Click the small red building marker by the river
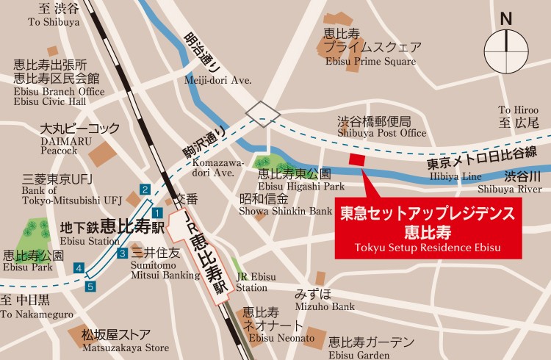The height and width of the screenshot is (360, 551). click(x=357, y=159)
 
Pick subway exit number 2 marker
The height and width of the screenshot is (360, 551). click(x=145, y=190)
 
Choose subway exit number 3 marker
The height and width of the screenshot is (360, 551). click(x=121, y=254)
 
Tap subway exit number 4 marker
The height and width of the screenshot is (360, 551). click(x=79, y=268)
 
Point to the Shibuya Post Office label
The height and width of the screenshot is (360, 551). click(x=381, y=127)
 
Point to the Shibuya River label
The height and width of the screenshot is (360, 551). click(x=522, y=182)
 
